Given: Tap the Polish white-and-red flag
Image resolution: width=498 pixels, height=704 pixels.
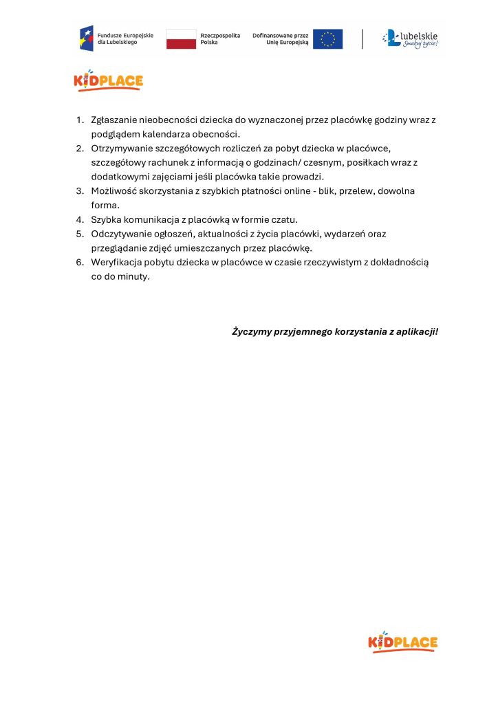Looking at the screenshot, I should (x=181, y=38).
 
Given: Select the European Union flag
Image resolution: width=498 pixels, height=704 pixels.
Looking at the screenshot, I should (x=327, y=38).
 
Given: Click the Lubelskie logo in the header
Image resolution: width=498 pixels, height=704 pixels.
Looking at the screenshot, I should (x=410, y=38).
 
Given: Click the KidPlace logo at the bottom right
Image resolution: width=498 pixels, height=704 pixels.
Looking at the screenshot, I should (x=403, y=642).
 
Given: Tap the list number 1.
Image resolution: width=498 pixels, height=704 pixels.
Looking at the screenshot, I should (x=79, y=120).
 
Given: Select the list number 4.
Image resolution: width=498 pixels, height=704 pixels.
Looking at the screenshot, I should (x=79, y=219).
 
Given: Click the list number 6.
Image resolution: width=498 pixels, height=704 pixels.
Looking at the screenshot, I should (x=79, y=263).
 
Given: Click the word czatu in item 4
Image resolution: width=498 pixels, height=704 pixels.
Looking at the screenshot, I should (x=284, y=219).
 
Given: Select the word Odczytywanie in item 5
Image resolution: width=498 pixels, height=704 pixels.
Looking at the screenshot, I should (x=120, y=234).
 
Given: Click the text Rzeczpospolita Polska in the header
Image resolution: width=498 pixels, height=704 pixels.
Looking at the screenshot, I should (x=219, y=38).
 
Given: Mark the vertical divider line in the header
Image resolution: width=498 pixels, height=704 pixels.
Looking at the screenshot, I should (x=362, y=38).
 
